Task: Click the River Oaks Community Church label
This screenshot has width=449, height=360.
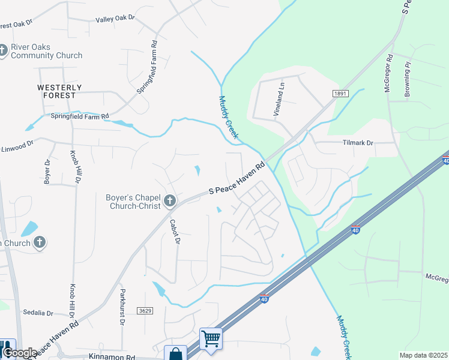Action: tap(46, 51)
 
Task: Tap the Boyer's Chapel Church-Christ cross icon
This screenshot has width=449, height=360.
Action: tap(170, 200)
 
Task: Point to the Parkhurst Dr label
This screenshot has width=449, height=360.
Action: tap(122, 307)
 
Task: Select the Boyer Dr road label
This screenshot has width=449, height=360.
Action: tap(47, 171)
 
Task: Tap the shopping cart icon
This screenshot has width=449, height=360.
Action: tap(211, 338)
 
